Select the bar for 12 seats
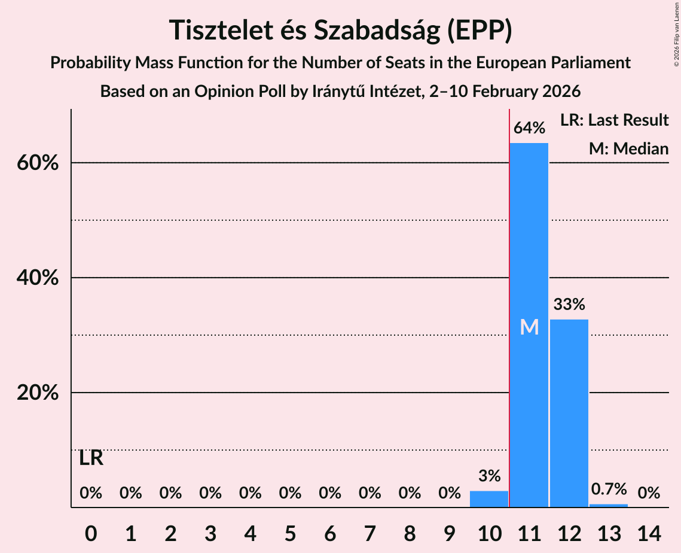point(569,413)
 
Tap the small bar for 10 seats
point(489,499)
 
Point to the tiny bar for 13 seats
point(609,506)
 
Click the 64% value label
point(529,128)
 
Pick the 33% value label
point(569,305)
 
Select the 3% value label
point(489,476)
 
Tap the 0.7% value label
point(609,489)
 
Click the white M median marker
point(529,327)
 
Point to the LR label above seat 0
point(91,459)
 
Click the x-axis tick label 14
point(649,532)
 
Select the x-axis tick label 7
point(369,532)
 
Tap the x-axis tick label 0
point(91,532)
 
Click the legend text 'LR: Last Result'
point(614,120)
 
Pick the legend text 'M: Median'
point(628,149)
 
